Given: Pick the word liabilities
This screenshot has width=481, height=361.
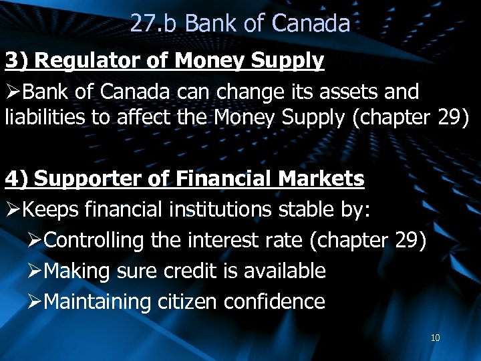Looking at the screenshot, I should (38, 118).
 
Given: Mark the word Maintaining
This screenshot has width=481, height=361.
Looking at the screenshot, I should (98, 302).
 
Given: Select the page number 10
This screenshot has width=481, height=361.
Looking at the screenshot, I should (435, 338).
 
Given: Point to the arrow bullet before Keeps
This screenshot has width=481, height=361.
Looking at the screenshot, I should (13, 210).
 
